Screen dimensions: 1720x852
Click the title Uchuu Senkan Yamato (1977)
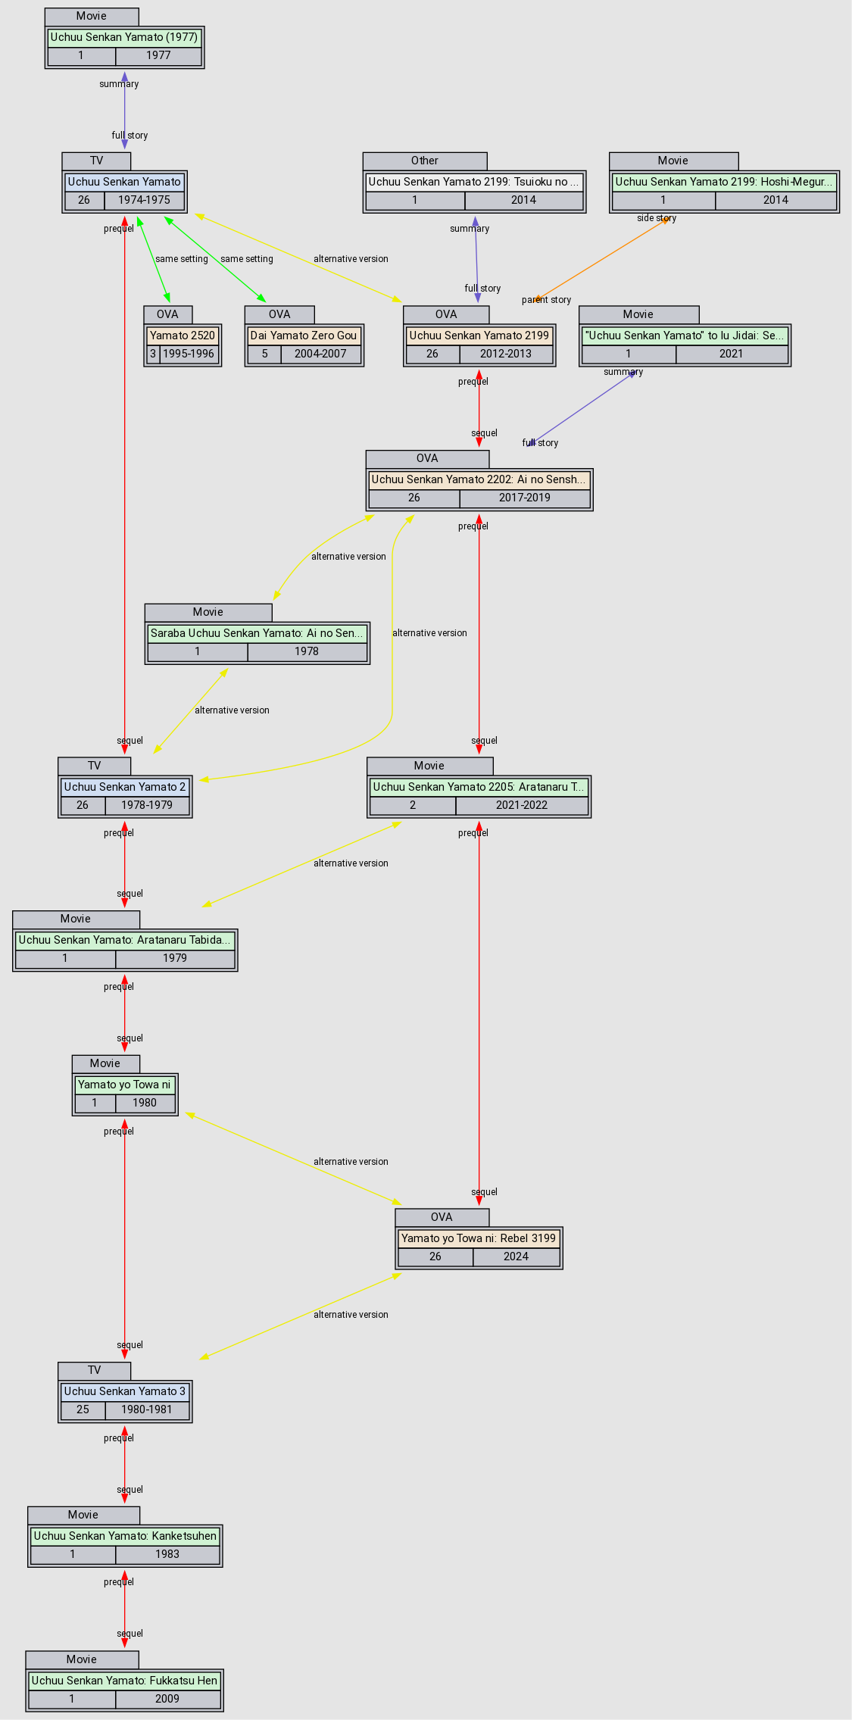click(124, 37)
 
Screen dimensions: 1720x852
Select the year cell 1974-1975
click(144, 200)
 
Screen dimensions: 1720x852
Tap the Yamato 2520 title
click(183, 336)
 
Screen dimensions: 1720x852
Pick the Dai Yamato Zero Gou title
click(304, 336)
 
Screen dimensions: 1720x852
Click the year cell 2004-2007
click(320, 354)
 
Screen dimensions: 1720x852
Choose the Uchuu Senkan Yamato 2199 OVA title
click(479, 336)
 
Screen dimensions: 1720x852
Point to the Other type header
click(425, 161)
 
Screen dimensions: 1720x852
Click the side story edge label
click(657, 218)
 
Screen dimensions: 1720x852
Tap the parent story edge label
click(546, 300)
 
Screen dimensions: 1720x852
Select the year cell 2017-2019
click(524, 498)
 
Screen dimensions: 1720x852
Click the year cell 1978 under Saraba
click(307, 651)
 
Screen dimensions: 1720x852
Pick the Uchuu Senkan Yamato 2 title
click(125, 787)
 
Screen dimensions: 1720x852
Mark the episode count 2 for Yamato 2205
click(413, 805)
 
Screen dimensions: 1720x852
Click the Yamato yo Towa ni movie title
click(124, 1085)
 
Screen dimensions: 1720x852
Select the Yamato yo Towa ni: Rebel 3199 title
click(479, 1238)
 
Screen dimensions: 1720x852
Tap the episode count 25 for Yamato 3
click(83, 1409)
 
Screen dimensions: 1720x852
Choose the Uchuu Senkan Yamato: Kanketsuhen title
click(125, 1536)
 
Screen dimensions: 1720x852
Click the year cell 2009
click(167, 1699)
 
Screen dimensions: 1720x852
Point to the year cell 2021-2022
click(522, 805)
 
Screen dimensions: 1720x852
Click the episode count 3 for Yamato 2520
click(153, 354)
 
